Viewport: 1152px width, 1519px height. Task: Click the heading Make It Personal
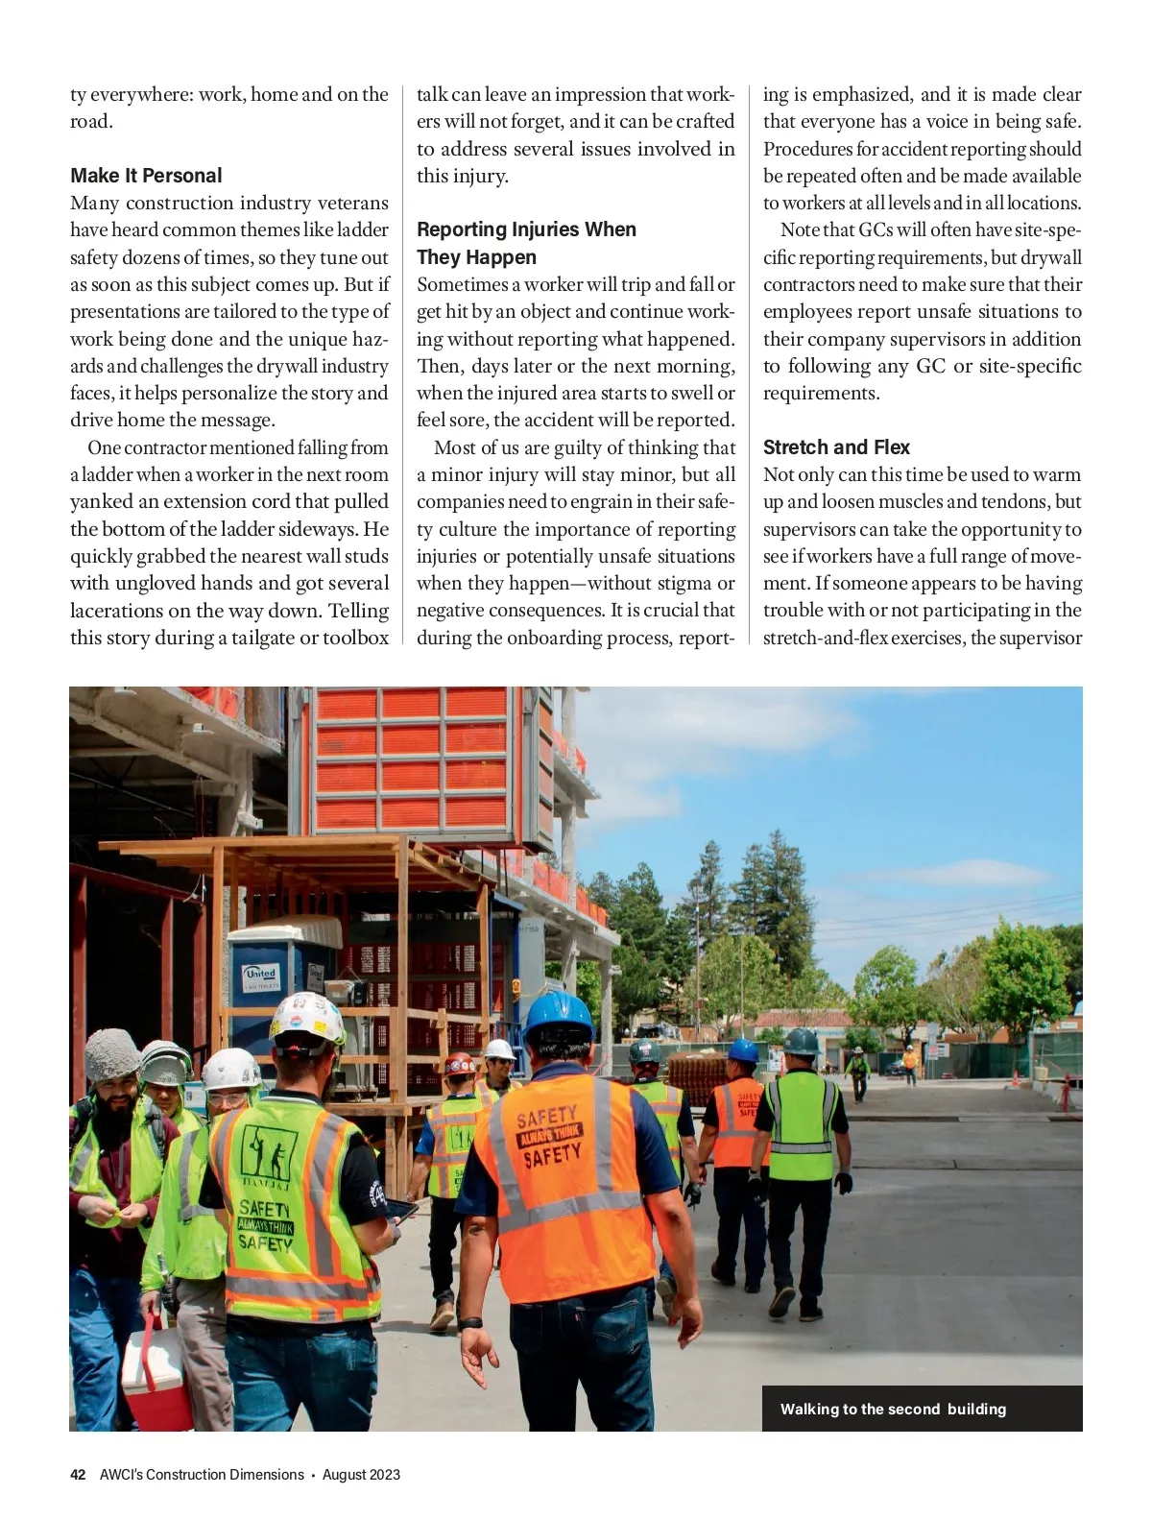pyautogui.click(x=146, y=176)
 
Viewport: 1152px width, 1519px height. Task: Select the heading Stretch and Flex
pyautogui.click(x=836, y=447)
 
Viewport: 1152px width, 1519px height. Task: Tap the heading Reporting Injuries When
pyautogui.click(x=526, y=229)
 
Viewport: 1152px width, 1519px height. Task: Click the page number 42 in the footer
pyautogui.click(x=79, y=1475)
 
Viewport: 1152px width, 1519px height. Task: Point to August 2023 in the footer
pyautogui.click(x=361, y=1475)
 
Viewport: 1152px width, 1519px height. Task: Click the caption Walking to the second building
pyautogui.click(x=893, y=1410)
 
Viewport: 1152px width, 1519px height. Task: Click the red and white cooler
pyautogui.click(x=154, y=1373)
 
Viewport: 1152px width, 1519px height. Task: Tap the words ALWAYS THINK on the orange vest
pyautogui.click(x=549, y=1136)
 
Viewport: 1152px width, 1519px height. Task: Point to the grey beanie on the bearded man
pyautogui.click(x=111, y=1053)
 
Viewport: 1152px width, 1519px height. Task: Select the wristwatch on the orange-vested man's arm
pyautogui.click(x=469, y=1323)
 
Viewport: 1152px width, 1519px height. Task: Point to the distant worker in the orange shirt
pyautogui.click(x=909, y=1062)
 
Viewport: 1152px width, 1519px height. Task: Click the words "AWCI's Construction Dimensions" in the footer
pyautogui.click(x=202, y=1475)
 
